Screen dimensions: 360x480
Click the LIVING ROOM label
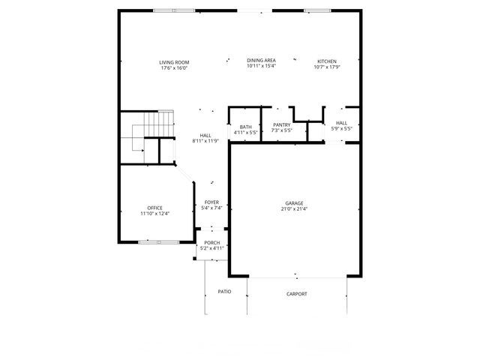[x=173, y=61]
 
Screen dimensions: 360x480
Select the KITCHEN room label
[x=326, y=61]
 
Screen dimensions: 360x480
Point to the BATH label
[x=245, y=127]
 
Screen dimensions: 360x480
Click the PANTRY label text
[x=281, y=125]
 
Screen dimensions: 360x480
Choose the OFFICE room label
[x=155, y=208]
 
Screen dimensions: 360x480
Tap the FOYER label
[x=211, y=202]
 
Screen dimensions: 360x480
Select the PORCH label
[x=211, y=242]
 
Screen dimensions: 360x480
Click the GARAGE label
[x=294, y=203]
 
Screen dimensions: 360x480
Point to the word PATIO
[x=224, y=291]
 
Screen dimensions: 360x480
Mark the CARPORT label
[x=297, y=294]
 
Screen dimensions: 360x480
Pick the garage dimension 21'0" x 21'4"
[x=294, y=209]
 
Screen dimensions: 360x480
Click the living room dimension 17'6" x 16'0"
[x=173, y=67]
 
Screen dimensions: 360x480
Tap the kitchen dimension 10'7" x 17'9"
[x=326, y=67]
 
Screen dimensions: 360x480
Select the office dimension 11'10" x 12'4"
[x=155, y=214]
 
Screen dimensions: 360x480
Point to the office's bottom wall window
[x=159, y=241]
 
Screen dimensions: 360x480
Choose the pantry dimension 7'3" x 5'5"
[x=281, y=131]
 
